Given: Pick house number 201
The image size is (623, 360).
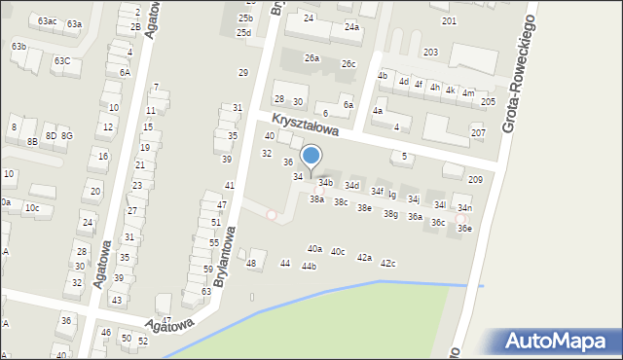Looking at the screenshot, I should click(x=449, y=20).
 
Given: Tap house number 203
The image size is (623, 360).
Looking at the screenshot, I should click(x=429, y=52).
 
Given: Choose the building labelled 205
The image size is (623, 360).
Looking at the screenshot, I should click(x=488, y=101).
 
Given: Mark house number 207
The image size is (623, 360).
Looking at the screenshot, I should click(x=478, y=132).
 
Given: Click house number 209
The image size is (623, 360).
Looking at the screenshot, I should click(x=475, y=180).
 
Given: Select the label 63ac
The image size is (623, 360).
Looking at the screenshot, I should click(x=47, y=20).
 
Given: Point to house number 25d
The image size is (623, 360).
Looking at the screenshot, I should click(x=243, y=32).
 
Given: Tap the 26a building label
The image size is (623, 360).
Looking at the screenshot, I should click(x=311, y=58).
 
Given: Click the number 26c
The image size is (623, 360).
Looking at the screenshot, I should click(x=348, y=64).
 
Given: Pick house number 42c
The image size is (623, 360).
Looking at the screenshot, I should click(x=387, y=264).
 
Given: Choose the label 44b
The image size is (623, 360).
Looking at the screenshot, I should click(x=309, y=267).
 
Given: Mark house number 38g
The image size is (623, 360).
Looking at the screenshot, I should click(x=390, y=214).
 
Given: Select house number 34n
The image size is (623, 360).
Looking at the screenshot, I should click(x=465, y=208).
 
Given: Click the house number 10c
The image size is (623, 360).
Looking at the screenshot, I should click(x=32, y=208).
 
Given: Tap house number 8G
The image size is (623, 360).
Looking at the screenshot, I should click(x=66, y=136).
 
